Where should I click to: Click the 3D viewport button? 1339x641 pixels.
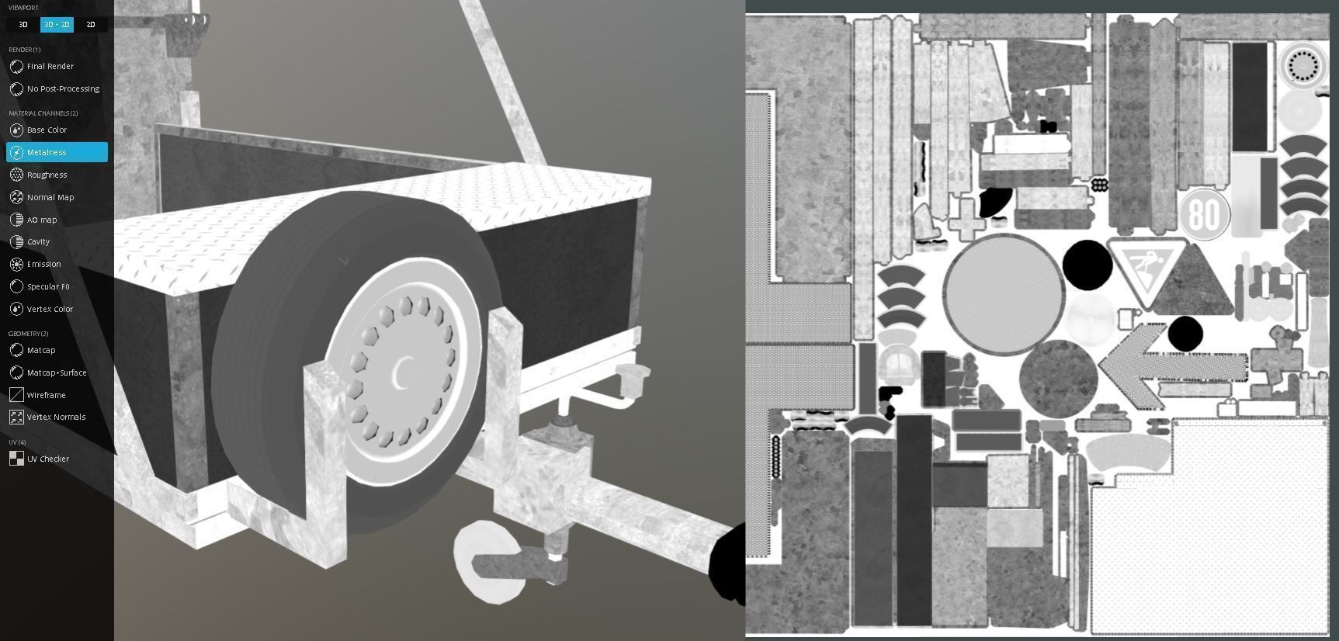click(x=23, y=25)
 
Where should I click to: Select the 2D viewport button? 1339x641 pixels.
click(x=91, y=25)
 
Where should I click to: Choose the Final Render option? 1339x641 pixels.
click(x=50, y=67)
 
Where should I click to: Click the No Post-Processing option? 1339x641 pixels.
click(x=62, y=89)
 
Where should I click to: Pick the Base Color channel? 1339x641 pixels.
click(x=47, y=130)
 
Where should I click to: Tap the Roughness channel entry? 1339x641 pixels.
click(x=47, y=175)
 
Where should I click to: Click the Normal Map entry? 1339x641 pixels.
click(x=50, y=198)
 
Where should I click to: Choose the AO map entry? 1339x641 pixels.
click(x=42, y=220)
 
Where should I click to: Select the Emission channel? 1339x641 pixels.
click(x=43, y=265)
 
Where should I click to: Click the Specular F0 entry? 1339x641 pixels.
click(x=48, y=287)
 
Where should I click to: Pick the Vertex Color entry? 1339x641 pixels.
click(x=50, y=310)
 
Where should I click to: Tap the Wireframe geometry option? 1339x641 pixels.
click(x=46, y=396)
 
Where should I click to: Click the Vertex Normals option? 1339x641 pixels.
click(x=56, y=418)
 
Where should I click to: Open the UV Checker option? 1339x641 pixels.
click(x=47, y=459)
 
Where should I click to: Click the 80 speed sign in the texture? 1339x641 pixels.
click(x=1205, y=214)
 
